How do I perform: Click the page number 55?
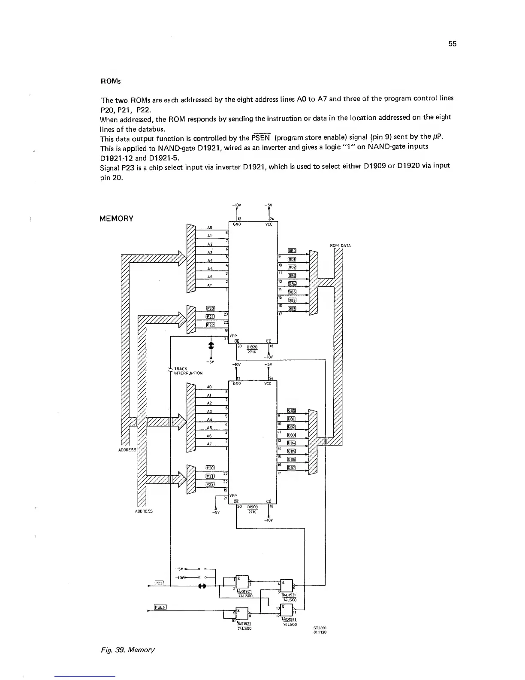click(x=453, y=44)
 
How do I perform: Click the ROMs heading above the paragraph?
click(x=107, y=81)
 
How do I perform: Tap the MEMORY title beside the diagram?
click(x=116, y=219)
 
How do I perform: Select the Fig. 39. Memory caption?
click(x=127, y=650)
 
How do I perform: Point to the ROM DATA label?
click(x=340, y=246)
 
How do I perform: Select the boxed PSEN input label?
click(x=160, y=607)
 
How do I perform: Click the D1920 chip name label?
click(x=252, y=348)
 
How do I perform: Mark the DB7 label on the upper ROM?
click(x=292, y=308)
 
